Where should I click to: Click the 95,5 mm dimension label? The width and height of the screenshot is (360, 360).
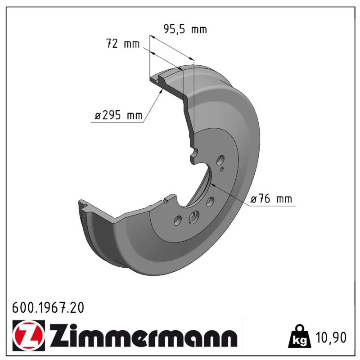coord(185,29)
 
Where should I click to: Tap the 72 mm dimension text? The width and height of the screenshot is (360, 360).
coord(123,43)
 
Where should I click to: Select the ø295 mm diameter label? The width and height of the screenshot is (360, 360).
coord(119,115)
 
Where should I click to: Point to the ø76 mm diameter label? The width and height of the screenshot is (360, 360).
coord(271,199)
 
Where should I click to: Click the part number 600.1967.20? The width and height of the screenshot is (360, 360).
coord(48,308)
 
